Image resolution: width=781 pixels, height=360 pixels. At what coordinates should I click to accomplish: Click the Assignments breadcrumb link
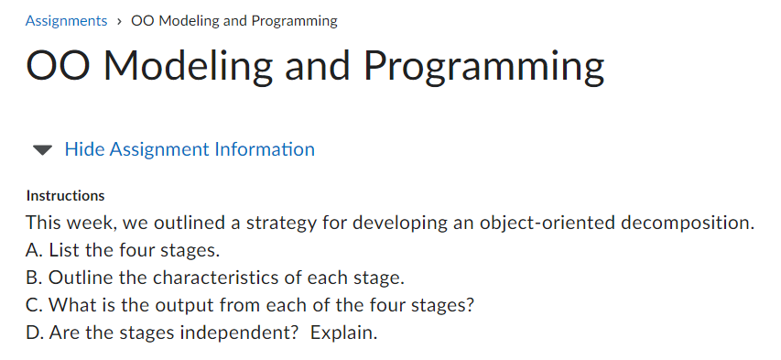66,20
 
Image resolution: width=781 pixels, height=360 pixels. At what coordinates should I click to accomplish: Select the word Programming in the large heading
483,67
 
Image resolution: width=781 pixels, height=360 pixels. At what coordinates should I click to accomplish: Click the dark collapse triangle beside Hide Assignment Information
42,149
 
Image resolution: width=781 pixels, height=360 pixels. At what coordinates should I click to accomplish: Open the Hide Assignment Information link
190,149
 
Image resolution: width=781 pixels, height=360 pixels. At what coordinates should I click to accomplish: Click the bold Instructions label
65,195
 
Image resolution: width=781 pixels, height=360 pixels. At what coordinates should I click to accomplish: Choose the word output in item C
152,305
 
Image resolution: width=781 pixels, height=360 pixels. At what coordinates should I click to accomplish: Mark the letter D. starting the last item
36,333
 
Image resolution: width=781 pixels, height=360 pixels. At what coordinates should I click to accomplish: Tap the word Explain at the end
343,333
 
